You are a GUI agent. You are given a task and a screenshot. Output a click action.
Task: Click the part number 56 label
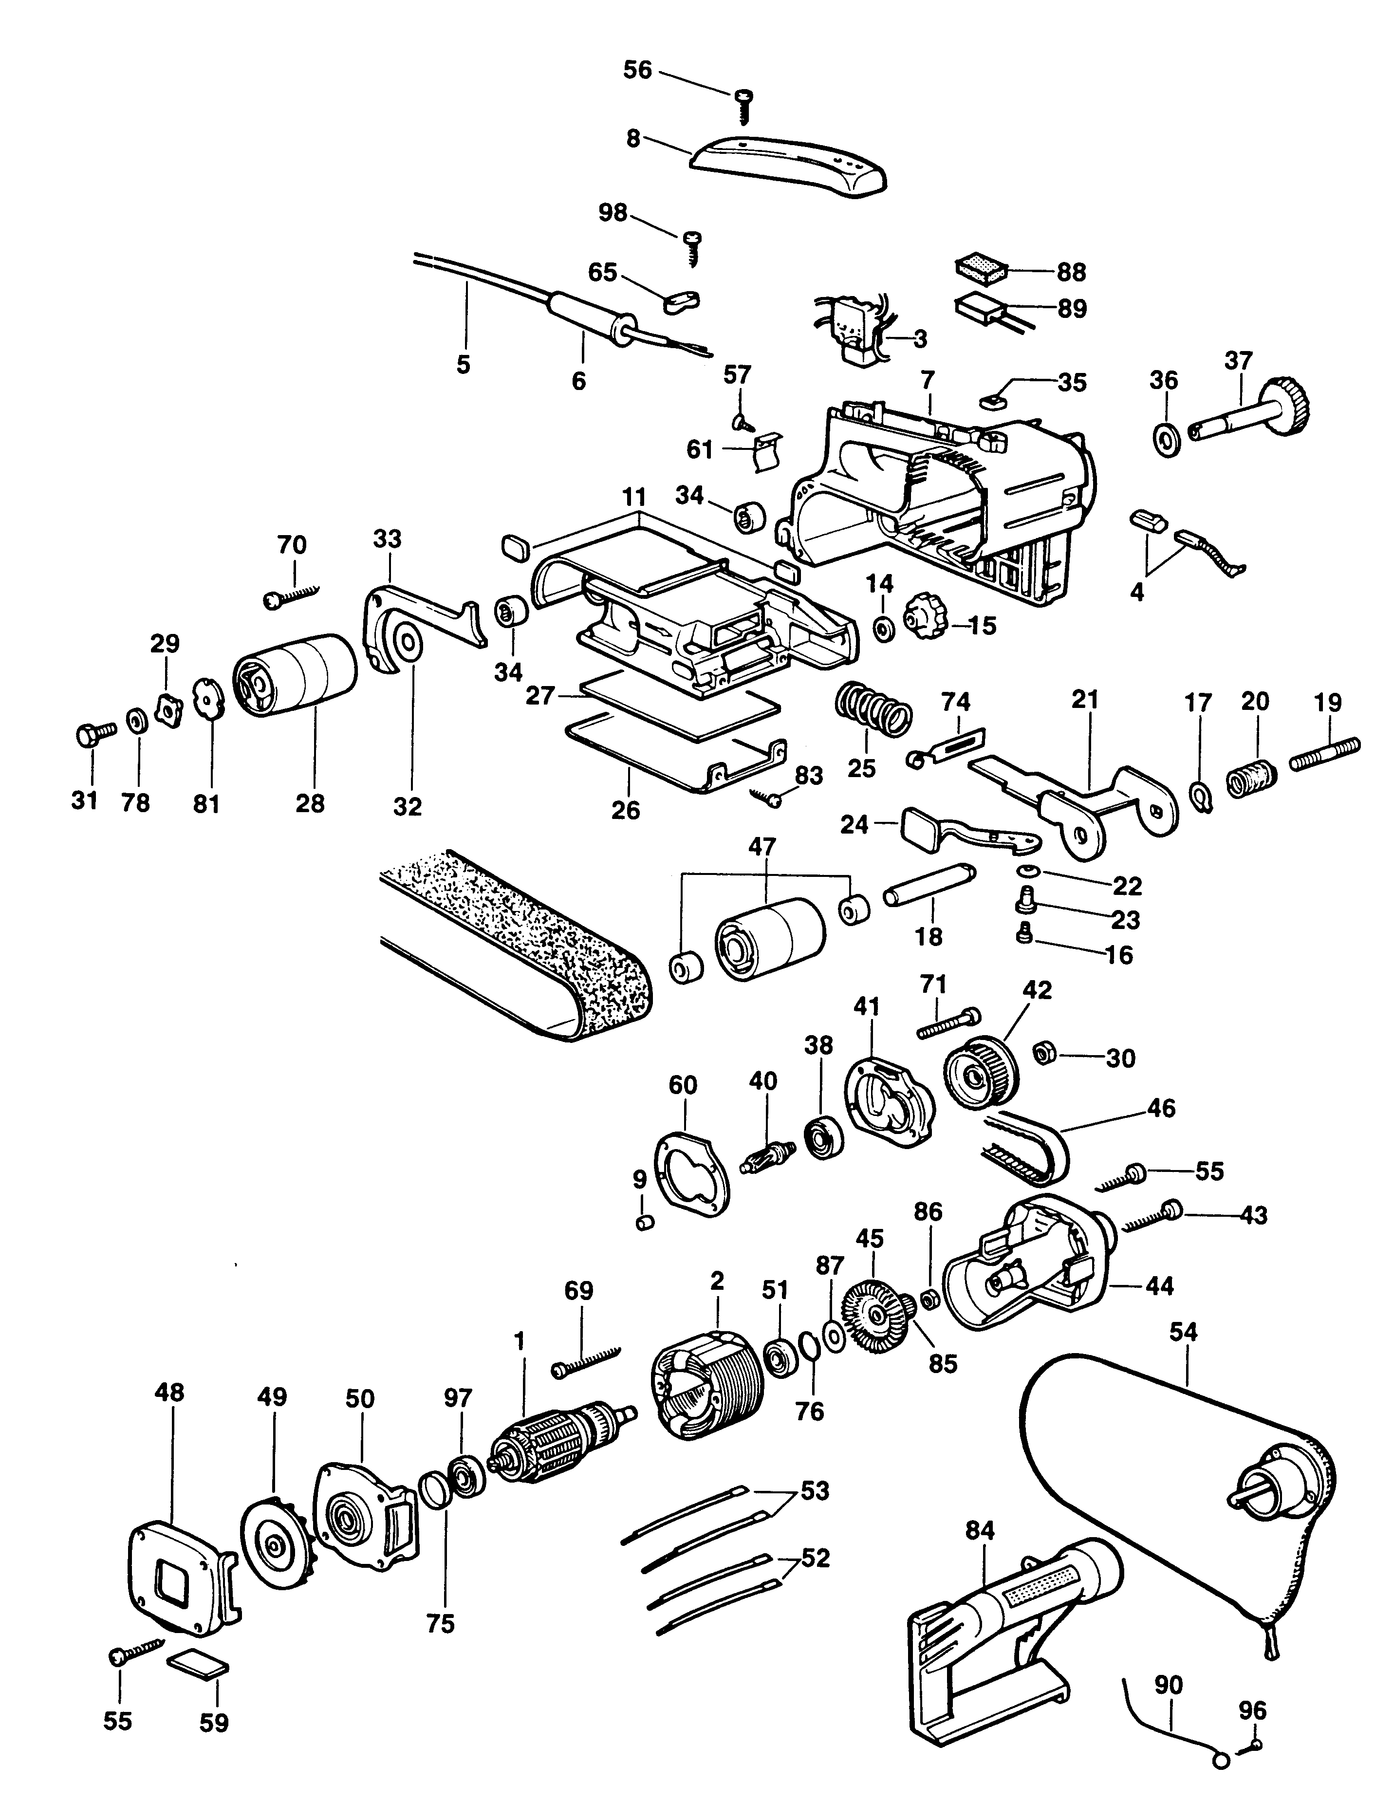(x=637, y=70)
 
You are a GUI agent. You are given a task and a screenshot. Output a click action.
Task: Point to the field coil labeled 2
(x=710, y=1386)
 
